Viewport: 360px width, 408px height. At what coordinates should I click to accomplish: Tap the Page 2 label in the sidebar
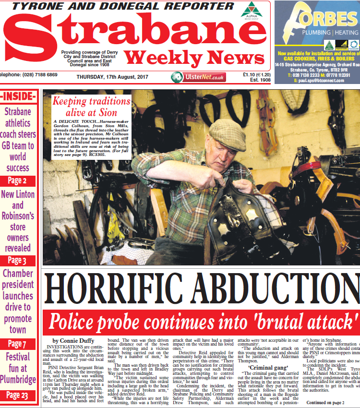(x=17, y=181)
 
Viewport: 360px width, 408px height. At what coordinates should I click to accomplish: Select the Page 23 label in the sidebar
(x=17, y=395)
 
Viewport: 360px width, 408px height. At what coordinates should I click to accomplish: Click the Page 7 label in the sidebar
(x=17, y=344)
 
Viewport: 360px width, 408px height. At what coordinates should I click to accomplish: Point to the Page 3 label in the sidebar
(x=17, y=261)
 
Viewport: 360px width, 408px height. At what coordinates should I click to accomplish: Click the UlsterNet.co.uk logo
(x=198, y=77)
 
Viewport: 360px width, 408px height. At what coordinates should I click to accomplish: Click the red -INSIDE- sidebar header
(x=18, y=96)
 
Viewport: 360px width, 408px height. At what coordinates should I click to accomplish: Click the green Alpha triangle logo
(x=249, y=10)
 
